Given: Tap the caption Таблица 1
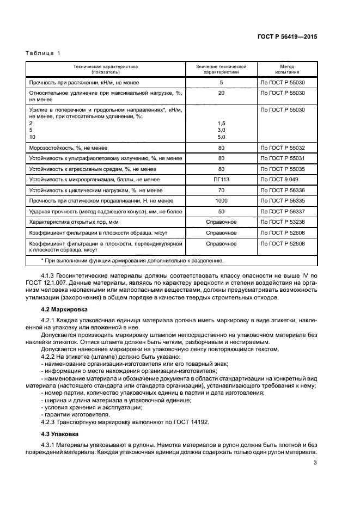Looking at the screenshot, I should coord(44,53).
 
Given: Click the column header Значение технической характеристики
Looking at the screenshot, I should coord(221,69).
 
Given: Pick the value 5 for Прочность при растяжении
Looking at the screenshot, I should coord(221,83).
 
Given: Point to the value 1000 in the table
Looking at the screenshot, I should coord(221,201).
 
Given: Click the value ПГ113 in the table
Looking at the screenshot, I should coord(221,179).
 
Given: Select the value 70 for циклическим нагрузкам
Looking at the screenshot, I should coord(221,190).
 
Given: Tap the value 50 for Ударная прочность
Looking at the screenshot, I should coord(221,211).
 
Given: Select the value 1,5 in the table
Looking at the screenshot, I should coord(221,124).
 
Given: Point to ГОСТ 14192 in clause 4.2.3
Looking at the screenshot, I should coord(190,422).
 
